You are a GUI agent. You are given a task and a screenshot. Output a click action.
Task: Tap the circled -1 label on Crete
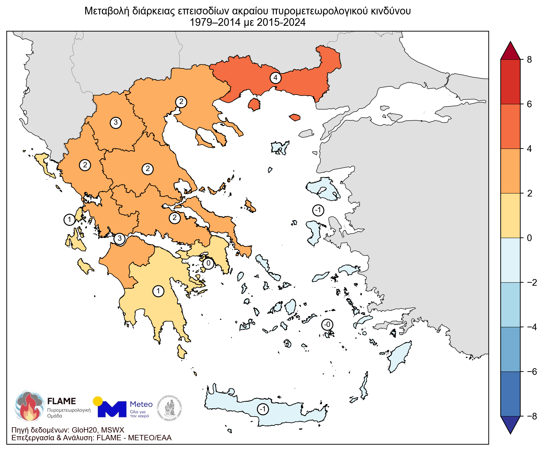point(263,409)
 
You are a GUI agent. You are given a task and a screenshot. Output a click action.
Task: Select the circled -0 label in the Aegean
point(327,325)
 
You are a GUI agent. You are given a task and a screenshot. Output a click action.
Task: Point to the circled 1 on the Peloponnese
point(158,291)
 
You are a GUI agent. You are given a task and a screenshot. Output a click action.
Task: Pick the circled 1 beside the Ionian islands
point(69,220)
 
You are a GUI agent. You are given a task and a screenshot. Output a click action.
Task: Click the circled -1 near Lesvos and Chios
point(318,210)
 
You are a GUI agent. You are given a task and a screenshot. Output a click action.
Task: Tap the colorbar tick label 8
point(529,60)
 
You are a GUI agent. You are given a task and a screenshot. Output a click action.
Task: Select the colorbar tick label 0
point(529,238)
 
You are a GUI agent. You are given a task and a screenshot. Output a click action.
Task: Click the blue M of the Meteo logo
point(112,409)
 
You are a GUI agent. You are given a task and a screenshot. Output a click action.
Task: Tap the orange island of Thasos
point(254,105)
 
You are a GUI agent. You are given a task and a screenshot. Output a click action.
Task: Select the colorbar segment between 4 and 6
point(510,126)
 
